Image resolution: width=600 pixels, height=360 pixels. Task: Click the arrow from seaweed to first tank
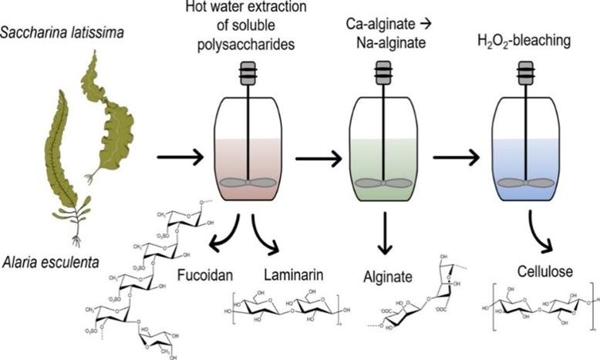pyautogui.click(x=179, y=160)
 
